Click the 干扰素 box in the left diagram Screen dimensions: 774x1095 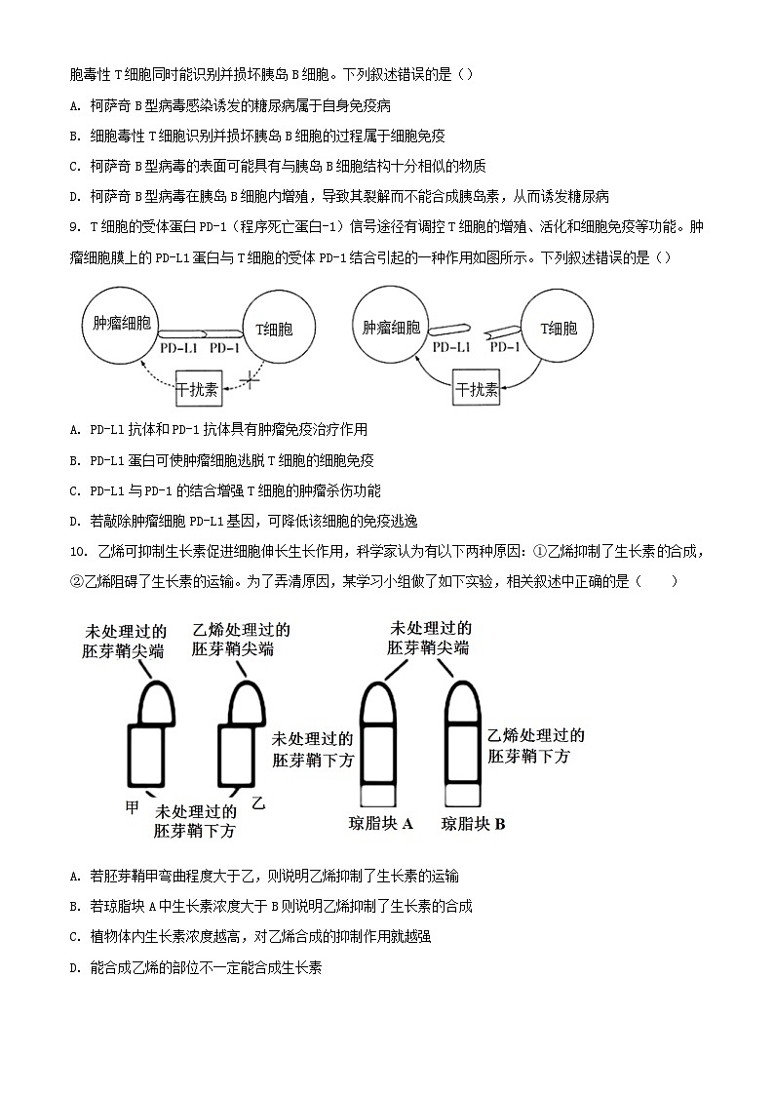click(x=199, y=390)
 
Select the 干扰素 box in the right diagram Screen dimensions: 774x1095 click(x=478, y=391)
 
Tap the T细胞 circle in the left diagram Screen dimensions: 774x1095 click(x=275, y=329)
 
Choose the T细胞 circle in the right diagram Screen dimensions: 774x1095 click(x=556, y=329)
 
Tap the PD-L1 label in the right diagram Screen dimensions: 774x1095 click(x=451, y=347)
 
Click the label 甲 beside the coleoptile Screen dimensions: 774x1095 click(x=134, y=807)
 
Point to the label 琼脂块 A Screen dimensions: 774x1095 click(x=381, y=824)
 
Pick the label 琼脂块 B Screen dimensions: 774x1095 click(x=473, y=824)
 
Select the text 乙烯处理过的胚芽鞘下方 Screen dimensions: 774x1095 click(x=535, y=746)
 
